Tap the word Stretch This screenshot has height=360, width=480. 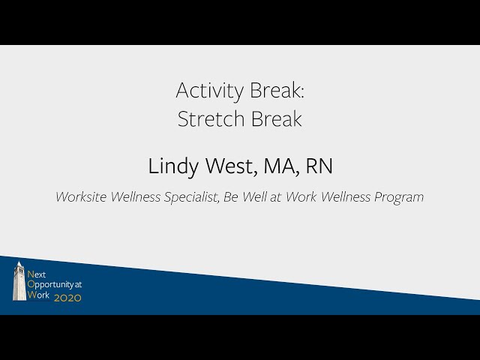(x=207, y=118)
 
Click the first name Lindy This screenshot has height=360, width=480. (x=170, y=166)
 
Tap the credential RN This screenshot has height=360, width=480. (x=319, y=166)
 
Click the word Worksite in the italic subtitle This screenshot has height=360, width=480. (x=82, y=197)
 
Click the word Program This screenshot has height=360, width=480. (x=398, y=197)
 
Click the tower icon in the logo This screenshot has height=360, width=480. (x=19, y=281)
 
